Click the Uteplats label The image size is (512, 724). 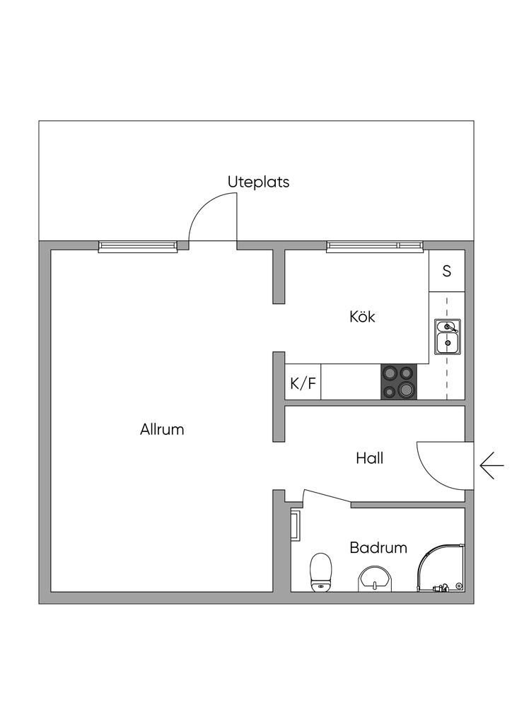(x=258, y=182)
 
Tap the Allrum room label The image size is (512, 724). (x=162, y=429)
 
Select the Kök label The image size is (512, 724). (x=362, y=316)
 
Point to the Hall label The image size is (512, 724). (x=369, y=458)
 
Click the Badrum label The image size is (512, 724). (x=378, y=547)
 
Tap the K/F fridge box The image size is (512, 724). (x=303, y=383)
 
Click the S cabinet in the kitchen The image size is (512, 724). (x=447, y=271)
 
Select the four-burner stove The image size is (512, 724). (x=399, y=382)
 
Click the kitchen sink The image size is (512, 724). (x=447, y=337)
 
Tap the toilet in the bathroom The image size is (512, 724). (x=321, y=572)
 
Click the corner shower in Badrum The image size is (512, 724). (x=441, y=568)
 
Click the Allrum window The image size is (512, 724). (x=137, y=245)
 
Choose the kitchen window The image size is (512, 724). (x=375, y=245)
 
